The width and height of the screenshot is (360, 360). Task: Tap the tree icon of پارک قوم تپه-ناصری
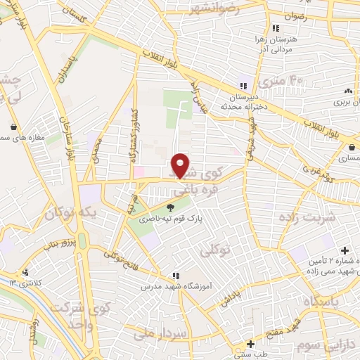[169, 207]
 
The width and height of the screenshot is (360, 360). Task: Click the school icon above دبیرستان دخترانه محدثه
[244, 86]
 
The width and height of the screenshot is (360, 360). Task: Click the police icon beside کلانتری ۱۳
[26, 272]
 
